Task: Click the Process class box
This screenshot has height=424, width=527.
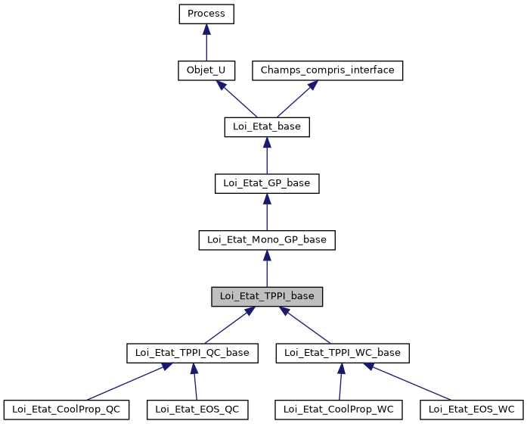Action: [x=206, y=14]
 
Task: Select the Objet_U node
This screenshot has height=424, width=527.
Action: [x=206, y=70]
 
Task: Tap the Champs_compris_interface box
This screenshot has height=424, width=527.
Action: [x=327, y=70]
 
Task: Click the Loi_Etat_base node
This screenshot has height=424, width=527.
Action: [x=266, y=127]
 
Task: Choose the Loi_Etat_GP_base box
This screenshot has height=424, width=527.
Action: [x=266, y=183]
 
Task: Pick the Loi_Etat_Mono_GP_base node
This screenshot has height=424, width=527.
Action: [x=266, y=240]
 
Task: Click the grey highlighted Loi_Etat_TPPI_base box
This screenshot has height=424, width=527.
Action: [x=266, y=297]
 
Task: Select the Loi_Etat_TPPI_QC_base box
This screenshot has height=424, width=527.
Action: [x=192, y=353]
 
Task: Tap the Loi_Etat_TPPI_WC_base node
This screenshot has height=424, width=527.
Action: [x=343, y=353]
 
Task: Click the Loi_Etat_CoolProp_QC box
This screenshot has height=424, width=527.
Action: [x=66, y=410]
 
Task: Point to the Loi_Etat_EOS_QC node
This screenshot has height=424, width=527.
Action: [x=197, y=410]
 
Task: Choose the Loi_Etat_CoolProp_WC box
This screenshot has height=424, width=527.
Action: [x=339, y=410]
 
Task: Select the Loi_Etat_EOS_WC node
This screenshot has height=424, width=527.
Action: [x=472, y=410]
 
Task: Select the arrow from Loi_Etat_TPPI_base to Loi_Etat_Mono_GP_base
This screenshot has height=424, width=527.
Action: [x=266, y=270]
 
